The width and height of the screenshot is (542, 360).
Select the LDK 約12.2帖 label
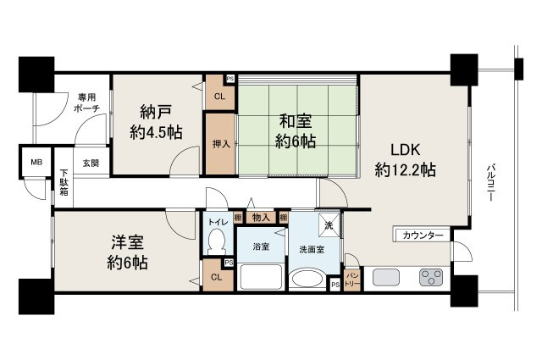[405, 158]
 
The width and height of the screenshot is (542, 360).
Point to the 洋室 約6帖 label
[127, 251]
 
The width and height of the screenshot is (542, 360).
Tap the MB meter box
[36, 162]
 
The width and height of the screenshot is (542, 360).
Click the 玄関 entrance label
[90, 163]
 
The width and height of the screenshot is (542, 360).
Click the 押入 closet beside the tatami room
[219, 145]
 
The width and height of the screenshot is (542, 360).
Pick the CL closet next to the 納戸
[218, 97]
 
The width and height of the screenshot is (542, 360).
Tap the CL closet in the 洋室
[215, 277]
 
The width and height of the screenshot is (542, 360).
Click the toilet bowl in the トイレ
[215, 244]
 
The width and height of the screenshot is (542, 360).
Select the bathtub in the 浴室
[262, 277]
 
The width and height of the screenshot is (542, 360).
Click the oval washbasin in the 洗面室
[306, 280]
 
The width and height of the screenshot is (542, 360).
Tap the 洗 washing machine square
[329, 225]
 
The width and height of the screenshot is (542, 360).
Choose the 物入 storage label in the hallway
[261, 218]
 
